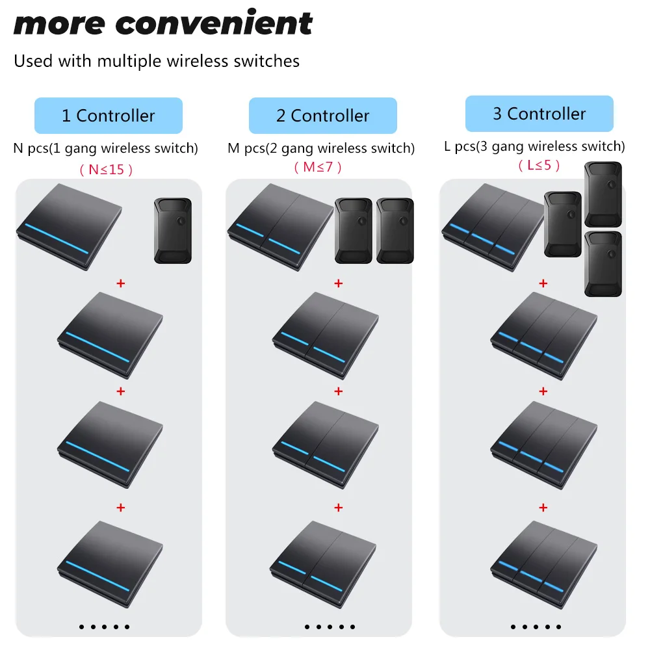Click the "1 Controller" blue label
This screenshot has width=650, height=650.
click(108, 116)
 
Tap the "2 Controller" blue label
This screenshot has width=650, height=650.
click(322, 116)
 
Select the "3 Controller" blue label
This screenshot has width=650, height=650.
click(539, 114)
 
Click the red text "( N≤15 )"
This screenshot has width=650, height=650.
click(106, 170)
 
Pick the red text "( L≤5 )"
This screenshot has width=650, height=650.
click(539, 165)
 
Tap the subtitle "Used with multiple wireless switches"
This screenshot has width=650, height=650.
click(157, 62)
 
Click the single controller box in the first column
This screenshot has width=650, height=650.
click(173, 231)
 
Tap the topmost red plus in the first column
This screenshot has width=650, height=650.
click(120, 283)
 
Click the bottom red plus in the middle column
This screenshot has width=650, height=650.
click(338, 507)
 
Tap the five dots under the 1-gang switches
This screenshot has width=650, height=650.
click(105, 627)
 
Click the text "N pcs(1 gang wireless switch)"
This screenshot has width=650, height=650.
click(105, 148)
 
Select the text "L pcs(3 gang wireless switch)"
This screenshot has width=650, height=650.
click(534, 146)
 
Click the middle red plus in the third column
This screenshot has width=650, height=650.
click(543, 391)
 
